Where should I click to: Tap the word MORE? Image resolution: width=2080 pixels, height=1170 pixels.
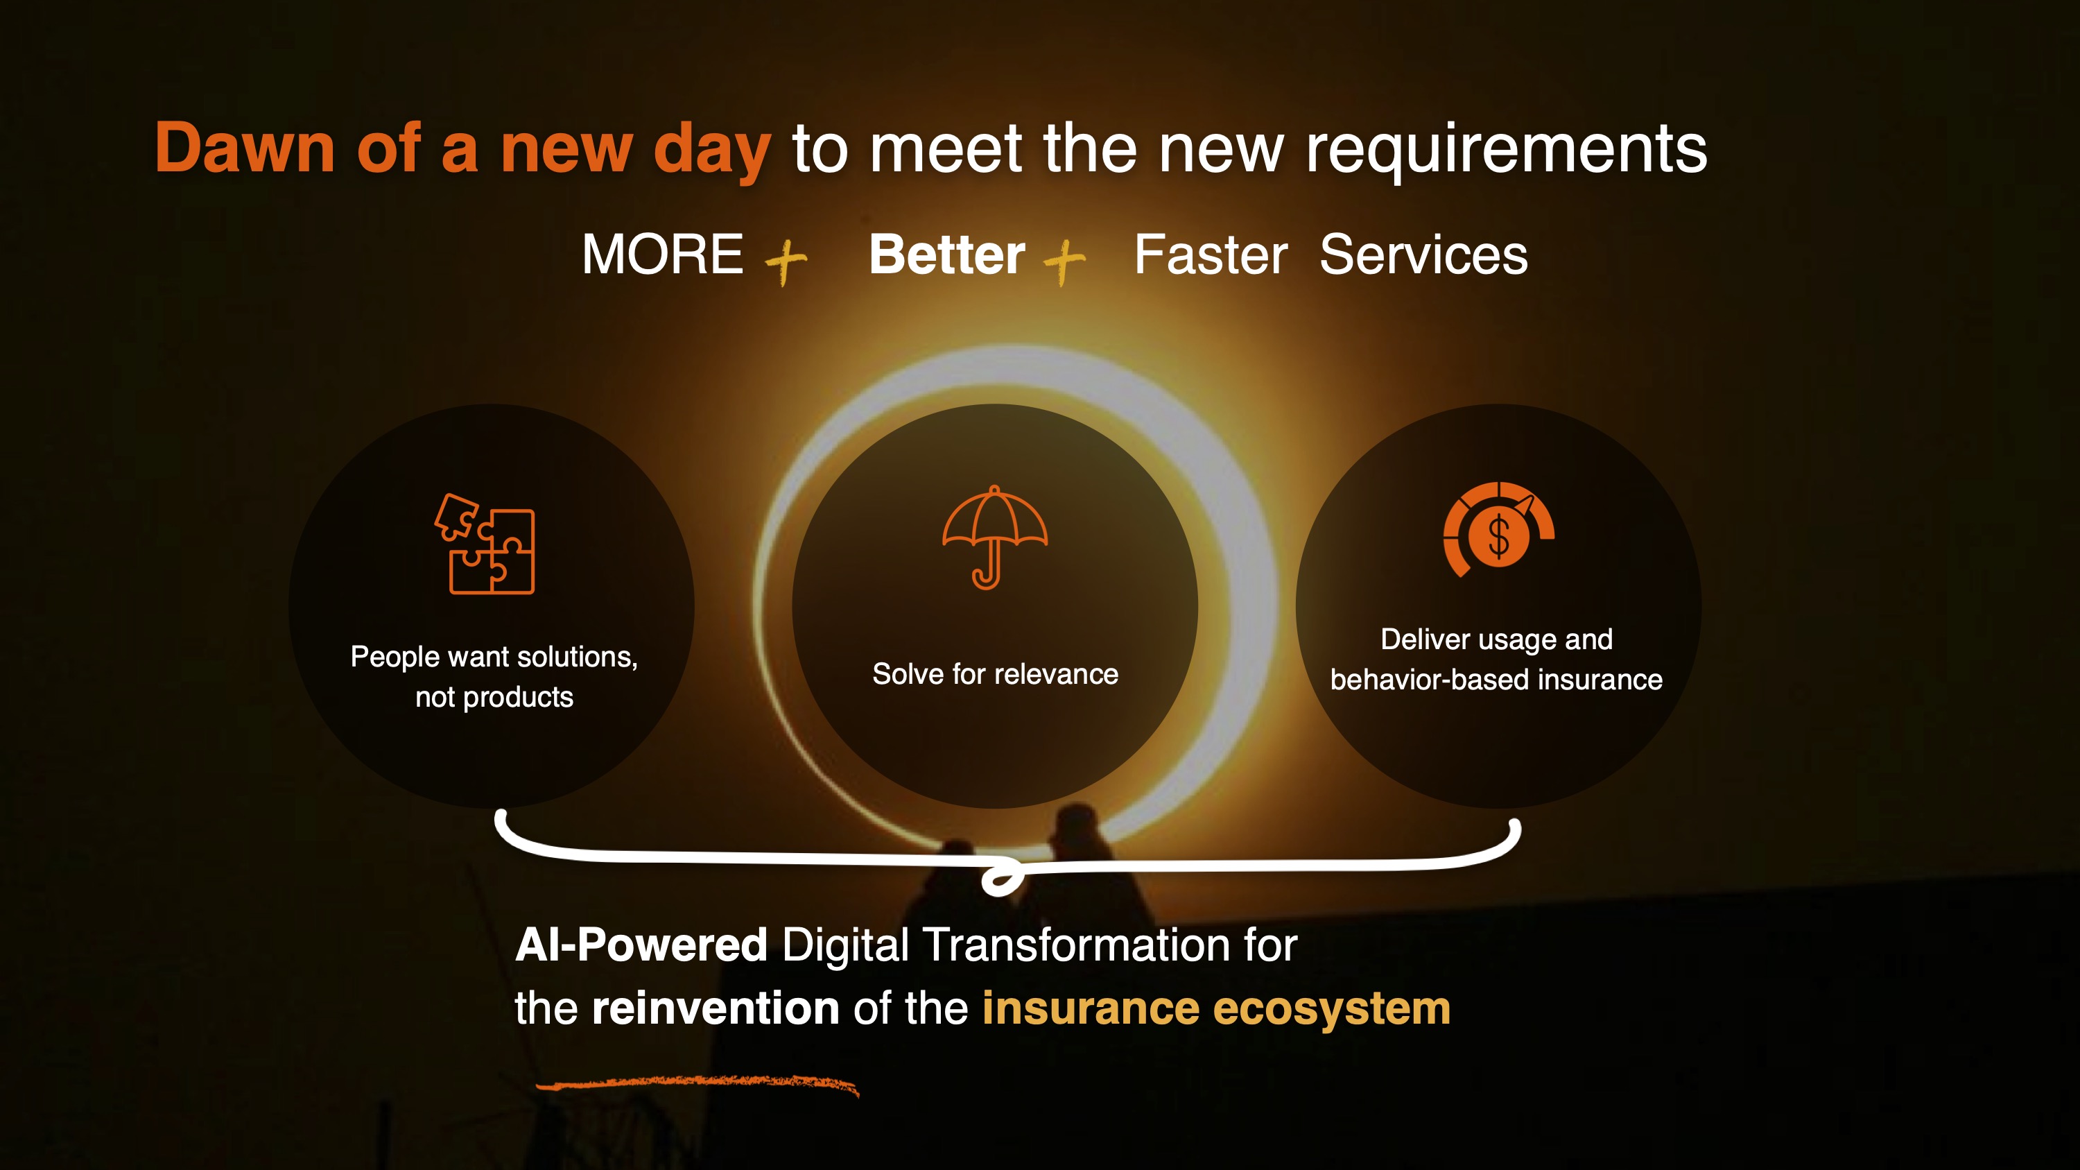[x=662, y=255]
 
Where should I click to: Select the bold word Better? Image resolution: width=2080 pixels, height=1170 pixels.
[x=947, y=255]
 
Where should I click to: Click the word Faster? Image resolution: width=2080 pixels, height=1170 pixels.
[x=1211, y=255]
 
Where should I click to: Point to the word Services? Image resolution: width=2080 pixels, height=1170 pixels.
[x=1423, y=255]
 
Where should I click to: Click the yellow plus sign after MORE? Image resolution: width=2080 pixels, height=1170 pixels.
[x=785, y=261]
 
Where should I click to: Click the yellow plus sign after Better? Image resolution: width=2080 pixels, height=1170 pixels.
[x=1064, y=261]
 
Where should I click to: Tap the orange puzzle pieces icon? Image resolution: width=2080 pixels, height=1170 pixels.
[x=485, y=544]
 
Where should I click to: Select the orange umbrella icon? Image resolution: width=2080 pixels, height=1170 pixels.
[x=995, y=537]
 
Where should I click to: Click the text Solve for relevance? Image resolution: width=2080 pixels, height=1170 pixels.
[x=995, y=674]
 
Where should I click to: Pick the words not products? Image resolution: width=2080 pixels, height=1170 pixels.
[x=494, y=697]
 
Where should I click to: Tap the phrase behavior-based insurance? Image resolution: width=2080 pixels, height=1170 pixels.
[x=1496, y=680]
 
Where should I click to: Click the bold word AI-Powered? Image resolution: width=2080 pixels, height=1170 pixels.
[x=641, y=945]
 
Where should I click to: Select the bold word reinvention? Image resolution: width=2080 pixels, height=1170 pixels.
[x=716, y=1008]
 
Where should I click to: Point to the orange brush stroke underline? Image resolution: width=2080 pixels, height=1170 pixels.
[x=697, y=1083]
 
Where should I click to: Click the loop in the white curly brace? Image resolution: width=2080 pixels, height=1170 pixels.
[x=1002, y=879]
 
